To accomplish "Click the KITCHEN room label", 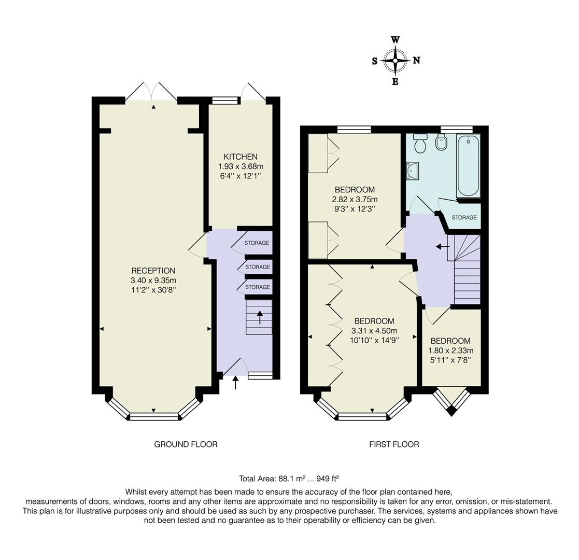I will (241, 157).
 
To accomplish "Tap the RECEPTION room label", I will (153, 271).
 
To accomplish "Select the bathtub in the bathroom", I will (468, 165).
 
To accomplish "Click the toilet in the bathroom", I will (420, 144).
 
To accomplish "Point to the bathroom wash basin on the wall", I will (413, 170).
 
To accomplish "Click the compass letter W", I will (395, 40).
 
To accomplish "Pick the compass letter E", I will (395, 81).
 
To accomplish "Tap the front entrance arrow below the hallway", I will (236, 383).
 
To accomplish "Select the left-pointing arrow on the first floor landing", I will (442, 246).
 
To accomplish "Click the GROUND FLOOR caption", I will (186, 444).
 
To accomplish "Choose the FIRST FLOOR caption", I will (394, 444).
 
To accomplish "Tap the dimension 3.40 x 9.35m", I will (153, 281).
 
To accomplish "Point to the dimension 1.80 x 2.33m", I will (450, 351).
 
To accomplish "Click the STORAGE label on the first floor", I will (464, 218).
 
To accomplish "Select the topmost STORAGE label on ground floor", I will (257, 243).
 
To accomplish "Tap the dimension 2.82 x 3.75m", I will (355, 199).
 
